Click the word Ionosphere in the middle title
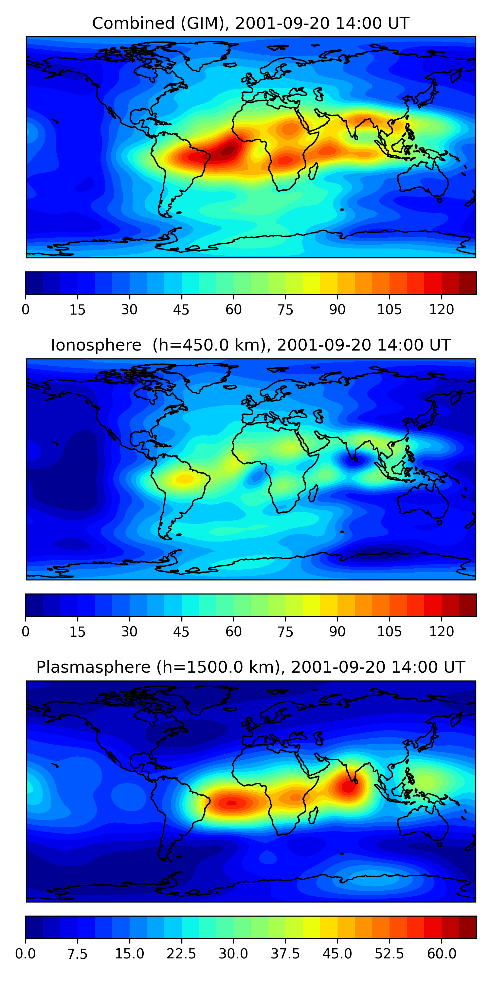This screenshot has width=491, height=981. (x=96, y=345)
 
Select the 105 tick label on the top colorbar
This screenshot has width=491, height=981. (x=389, y=310)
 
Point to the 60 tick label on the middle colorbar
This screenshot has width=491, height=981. (x=233, y=632)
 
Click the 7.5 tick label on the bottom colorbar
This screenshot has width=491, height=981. (x=77, y=954)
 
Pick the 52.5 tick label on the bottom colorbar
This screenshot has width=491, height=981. (x=389, y=954)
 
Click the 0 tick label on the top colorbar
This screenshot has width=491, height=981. (x=26, y=310)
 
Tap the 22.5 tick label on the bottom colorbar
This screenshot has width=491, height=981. (x=181, y=954)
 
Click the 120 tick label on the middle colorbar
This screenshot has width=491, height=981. (x=442, y=632)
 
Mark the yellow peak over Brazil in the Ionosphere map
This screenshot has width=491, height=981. (x=185, y=478)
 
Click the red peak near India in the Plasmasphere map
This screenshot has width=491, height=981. (x=348, y=786)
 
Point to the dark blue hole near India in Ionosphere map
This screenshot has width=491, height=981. (x=353, y=460)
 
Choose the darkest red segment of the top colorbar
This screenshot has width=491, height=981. (x=467, y=283)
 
